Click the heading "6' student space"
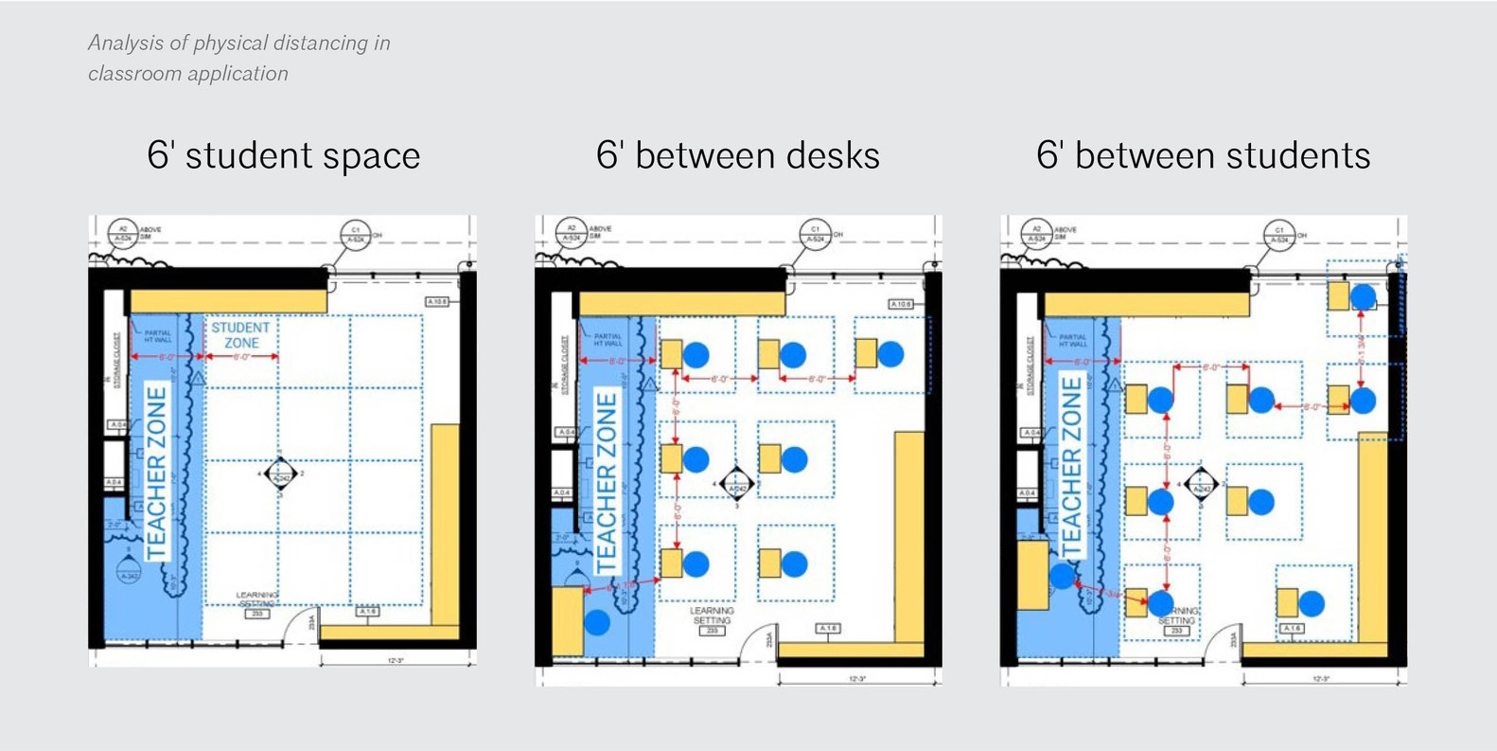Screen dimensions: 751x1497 (x=283, y=155)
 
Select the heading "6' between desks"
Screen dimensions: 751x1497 (x=737, y=155)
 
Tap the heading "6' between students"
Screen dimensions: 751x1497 (x=1203, y=155)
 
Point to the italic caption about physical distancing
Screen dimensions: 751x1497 (x=238, y=58)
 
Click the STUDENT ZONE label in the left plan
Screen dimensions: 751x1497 (x=240, y=335)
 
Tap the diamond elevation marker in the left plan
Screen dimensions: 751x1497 (x=280, y=473)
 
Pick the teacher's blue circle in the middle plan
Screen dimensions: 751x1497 (x=597, y=622)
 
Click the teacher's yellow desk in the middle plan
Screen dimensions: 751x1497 (x=568, y=620)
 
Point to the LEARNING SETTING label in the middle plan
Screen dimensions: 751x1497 (x=712, y=617)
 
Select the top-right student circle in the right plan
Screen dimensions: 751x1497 (x=1363, y=297)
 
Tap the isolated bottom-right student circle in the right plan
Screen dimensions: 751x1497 (x=1312, y=603)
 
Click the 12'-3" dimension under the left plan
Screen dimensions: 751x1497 (x=396, y=660)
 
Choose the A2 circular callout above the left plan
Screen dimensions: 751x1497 (x=122, y=233)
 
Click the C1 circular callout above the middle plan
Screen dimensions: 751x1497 (x=815, y=233)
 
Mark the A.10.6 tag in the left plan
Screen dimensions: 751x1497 (x=436, y=301)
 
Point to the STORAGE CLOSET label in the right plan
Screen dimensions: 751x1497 (x=1030, y=361)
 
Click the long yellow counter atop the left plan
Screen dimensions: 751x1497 (x=228, y=302)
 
